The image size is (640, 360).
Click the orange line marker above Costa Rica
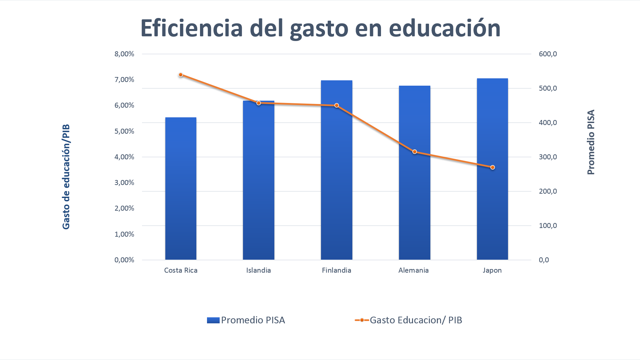pos(181,75)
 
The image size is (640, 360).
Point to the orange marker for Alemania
pos(415,152)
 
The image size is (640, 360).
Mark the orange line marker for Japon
pos(493,167)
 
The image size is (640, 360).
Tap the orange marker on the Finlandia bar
pos(337,105)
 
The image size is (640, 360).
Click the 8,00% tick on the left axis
pos(124,54)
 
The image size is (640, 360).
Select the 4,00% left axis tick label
pos(124,157)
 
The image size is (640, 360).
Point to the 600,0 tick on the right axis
pos(548,54)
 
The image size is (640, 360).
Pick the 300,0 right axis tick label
pos(548,157)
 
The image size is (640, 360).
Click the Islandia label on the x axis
pos(258,270)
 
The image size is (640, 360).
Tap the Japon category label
pos(492,270)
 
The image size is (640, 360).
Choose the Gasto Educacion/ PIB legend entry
pos(409,320)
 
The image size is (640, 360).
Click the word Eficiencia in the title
pos(192,28)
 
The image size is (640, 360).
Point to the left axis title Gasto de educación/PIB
pos(66,177)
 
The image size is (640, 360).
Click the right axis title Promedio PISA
pos(591,142)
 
